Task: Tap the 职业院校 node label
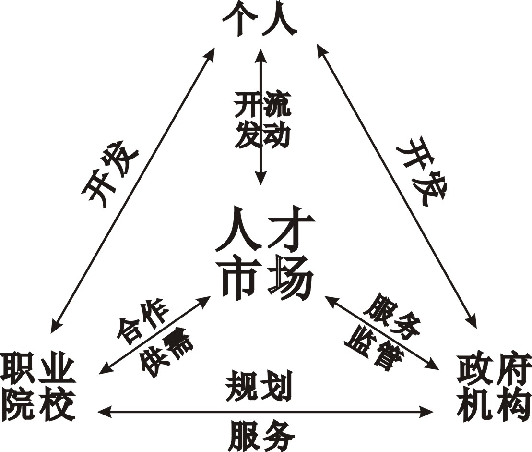(38, 387)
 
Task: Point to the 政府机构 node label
(494, 387)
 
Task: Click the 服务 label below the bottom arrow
(261, 433)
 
